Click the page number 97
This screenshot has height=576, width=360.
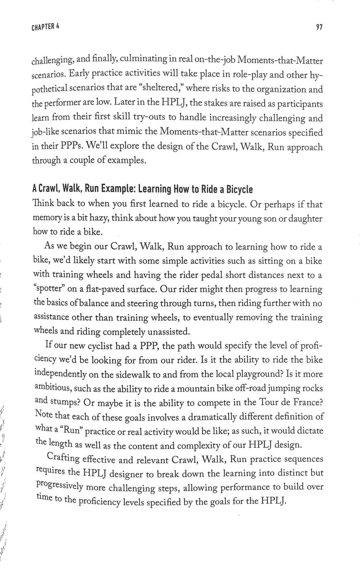pyautogui.click(x=319, y=27)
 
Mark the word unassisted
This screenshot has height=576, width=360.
pyautogui.click(x=169, y=332)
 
